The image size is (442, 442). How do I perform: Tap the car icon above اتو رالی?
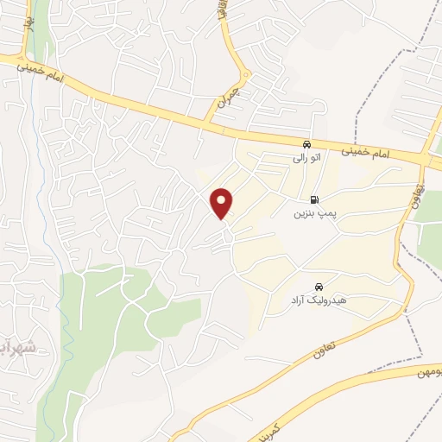pos(307,143)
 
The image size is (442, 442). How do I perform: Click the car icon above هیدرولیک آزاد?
pos(319,286)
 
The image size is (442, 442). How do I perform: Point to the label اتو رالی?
pos(307,158)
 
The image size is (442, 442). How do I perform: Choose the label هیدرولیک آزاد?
pos(319,300)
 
